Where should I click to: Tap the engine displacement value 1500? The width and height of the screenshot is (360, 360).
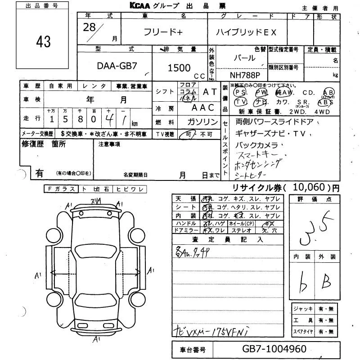(x=179, y=67)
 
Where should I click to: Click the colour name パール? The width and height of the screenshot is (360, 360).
(x=244, y=58)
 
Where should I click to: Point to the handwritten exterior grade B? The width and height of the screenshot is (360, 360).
(x=325, y=282)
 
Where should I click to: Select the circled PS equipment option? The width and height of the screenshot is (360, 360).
(x=241, y=92)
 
